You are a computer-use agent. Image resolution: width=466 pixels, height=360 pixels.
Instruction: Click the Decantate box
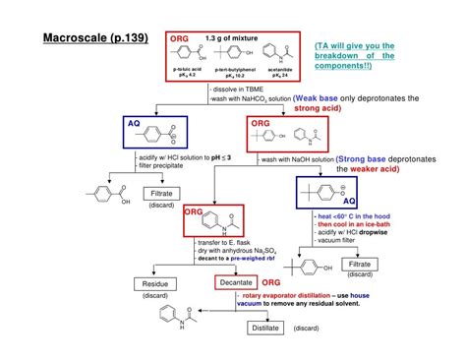tap(237, 283)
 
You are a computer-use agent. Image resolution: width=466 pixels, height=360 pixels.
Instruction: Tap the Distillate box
tap(265, 328)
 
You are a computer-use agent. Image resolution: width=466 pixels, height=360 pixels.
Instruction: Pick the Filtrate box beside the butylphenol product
tap(360, 265)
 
